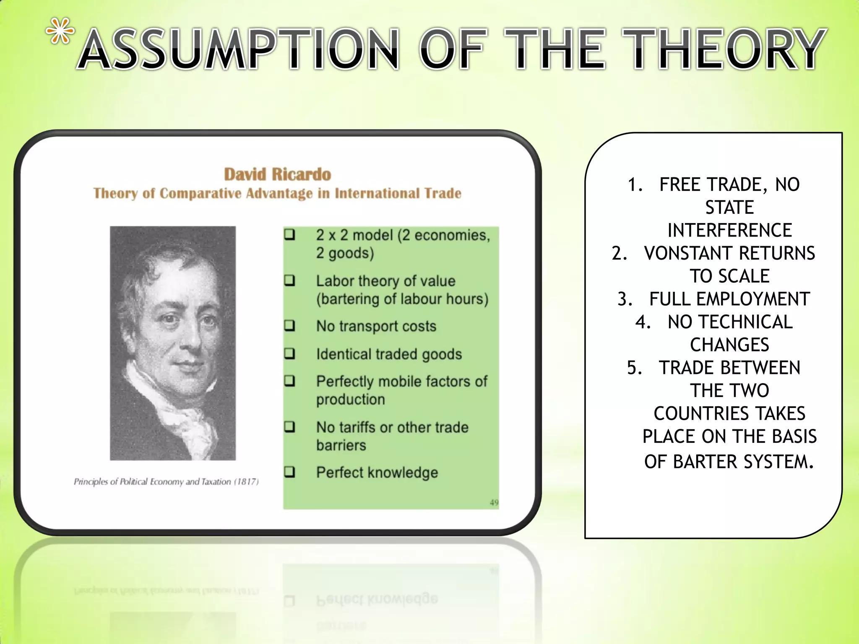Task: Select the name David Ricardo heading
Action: coord(277,174)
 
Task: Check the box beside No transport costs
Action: coord(290,326)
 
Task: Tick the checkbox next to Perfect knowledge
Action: coord(290,472)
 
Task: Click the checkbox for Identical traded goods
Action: coord(290,354)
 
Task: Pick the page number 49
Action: coord(494,503)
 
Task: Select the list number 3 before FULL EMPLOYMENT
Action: coord(623,299)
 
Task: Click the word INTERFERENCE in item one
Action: coord(729,230)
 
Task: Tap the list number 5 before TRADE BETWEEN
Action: coord(633,368)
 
